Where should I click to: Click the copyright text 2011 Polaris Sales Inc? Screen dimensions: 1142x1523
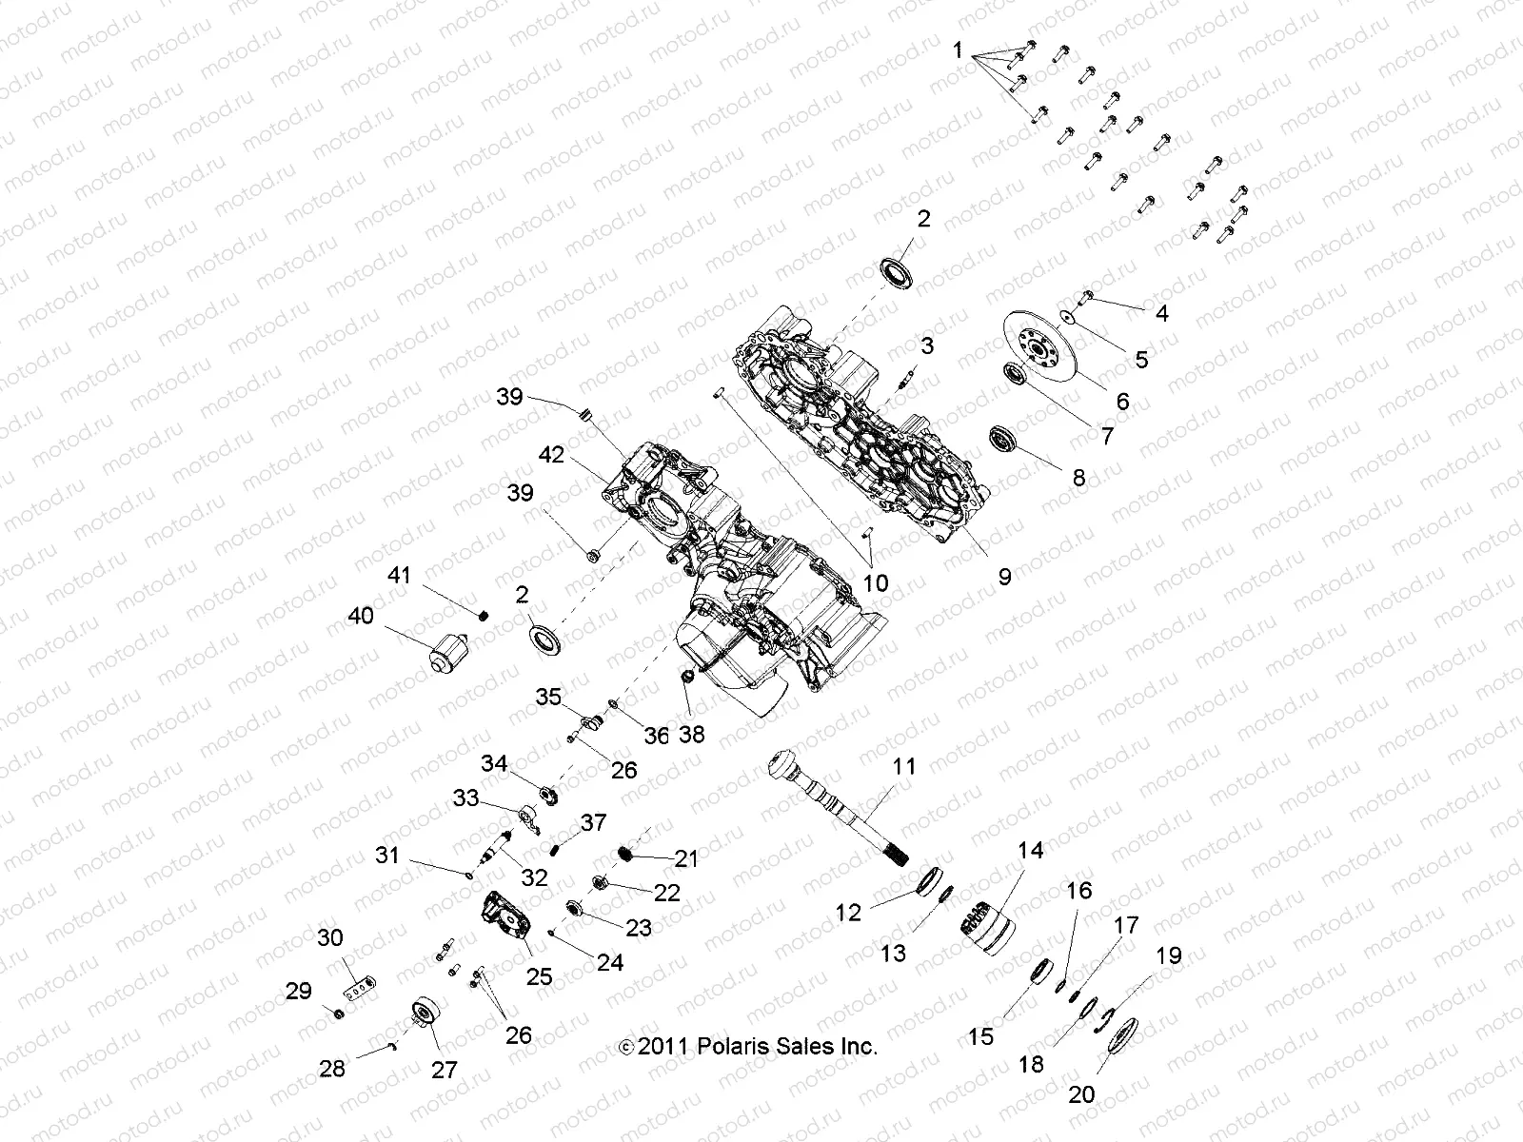(747, 1046)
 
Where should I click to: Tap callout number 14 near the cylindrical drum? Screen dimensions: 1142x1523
(1031, 851)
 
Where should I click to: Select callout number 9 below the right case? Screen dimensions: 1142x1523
(1004, 576)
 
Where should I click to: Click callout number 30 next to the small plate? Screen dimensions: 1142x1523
(329, 937)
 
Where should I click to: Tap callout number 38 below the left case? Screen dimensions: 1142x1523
(692, 735)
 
